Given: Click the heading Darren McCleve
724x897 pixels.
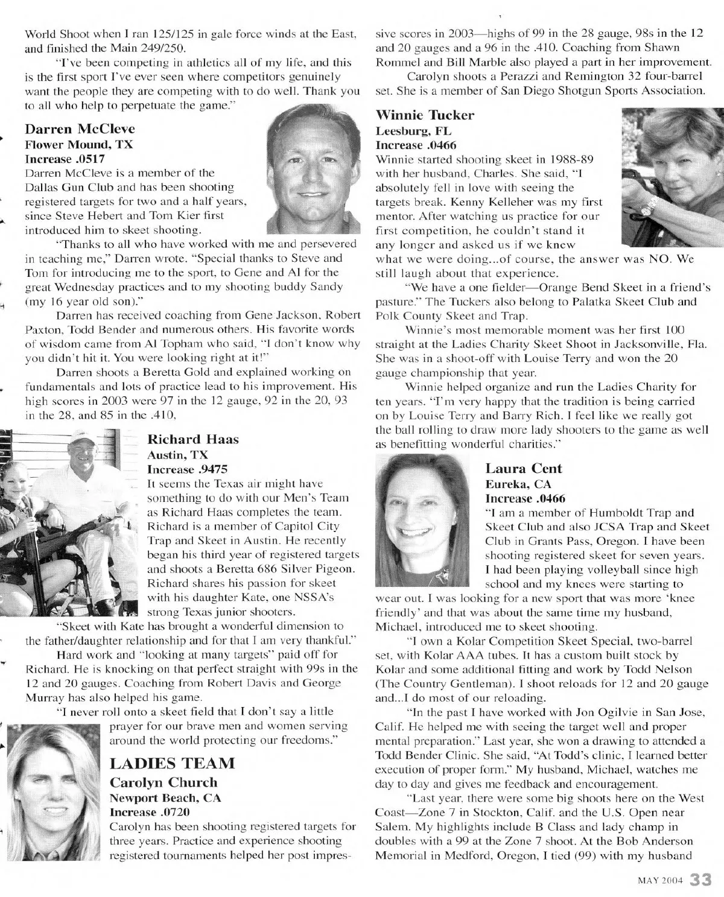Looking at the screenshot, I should (x=80, y=129).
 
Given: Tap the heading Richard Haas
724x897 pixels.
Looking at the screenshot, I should (x=192, y=439).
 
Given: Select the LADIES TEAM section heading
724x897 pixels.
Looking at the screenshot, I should (x=172, y=763).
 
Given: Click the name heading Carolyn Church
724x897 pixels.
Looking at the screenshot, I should (x=163, y=782).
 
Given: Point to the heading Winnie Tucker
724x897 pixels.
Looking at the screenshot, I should (x=425, y=115).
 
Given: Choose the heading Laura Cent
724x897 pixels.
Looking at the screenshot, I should (x=523, y=469).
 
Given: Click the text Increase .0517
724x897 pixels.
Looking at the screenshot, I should (x=65, y=159).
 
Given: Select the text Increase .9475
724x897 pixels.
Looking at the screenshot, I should (x=187, y=469).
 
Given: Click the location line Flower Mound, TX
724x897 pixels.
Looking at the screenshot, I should (x=78, y=145).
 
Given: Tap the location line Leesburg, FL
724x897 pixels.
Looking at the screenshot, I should (x=413, y=131).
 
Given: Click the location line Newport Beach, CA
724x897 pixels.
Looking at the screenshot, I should (x=165, y=797).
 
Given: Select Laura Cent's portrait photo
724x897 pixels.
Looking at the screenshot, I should (x=422, y=521).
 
